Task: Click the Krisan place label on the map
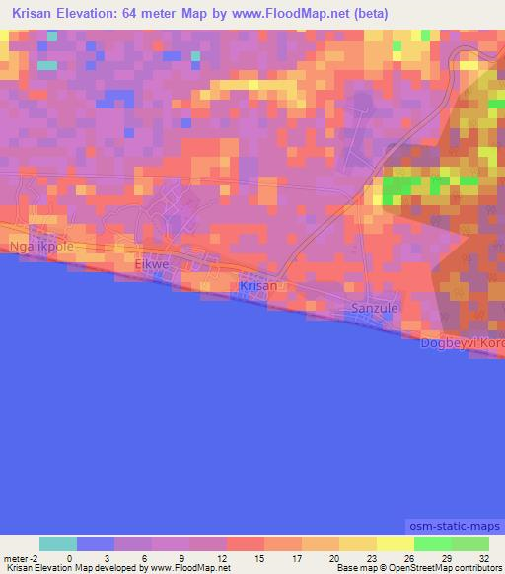(x=258, y=286)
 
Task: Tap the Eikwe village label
(x=153, y=266)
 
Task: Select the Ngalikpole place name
(x=39, y=247)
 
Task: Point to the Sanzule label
(x=375, y=309)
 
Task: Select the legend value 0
(x=69, y=557)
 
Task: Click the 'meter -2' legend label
(x=20, y=557)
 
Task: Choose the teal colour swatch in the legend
(x=58, y=543)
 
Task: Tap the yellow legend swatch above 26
(x=395, y=543)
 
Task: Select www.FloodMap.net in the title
(x=291, y=14)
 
